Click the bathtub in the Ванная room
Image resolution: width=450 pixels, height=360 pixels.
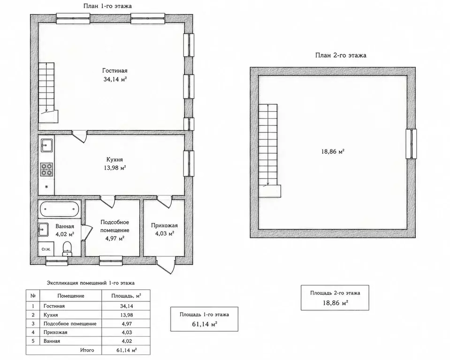click(60, 209)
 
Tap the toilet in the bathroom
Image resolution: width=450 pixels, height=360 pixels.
click(68, 248)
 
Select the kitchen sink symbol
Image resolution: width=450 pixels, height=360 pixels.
click(46, 145)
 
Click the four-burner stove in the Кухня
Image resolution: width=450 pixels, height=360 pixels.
click(46, 169)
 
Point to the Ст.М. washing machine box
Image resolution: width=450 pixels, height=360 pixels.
click(46, 249)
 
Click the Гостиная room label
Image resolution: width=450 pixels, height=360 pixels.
click(115, 70)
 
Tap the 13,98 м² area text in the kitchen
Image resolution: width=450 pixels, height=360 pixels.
click(115, 168)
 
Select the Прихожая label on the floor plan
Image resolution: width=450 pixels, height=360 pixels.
click(164, 225)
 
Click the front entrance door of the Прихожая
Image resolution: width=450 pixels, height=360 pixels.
click(166, 265)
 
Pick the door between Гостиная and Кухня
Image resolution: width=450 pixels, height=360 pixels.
click(79, 136)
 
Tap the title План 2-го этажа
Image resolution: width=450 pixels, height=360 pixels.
click(341, 55)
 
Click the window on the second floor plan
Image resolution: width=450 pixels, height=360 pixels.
click(411, 144)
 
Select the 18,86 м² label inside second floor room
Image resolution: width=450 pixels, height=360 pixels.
click(333, 151)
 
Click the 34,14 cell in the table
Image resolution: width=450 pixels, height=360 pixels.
click(126, 306)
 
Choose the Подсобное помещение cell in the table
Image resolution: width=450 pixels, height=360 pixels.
click(70, 323)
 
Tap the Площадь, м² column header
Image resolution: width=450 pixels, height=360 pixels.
click(126, 296)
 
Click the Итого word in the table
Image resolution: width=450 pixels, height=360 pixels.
click(87, 350)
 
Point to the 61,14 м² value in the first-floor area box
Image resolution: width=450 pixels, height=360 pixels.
click(204, 324)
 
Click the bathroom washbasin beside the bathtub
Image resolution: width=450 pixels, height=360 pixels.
click(43, 230)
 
